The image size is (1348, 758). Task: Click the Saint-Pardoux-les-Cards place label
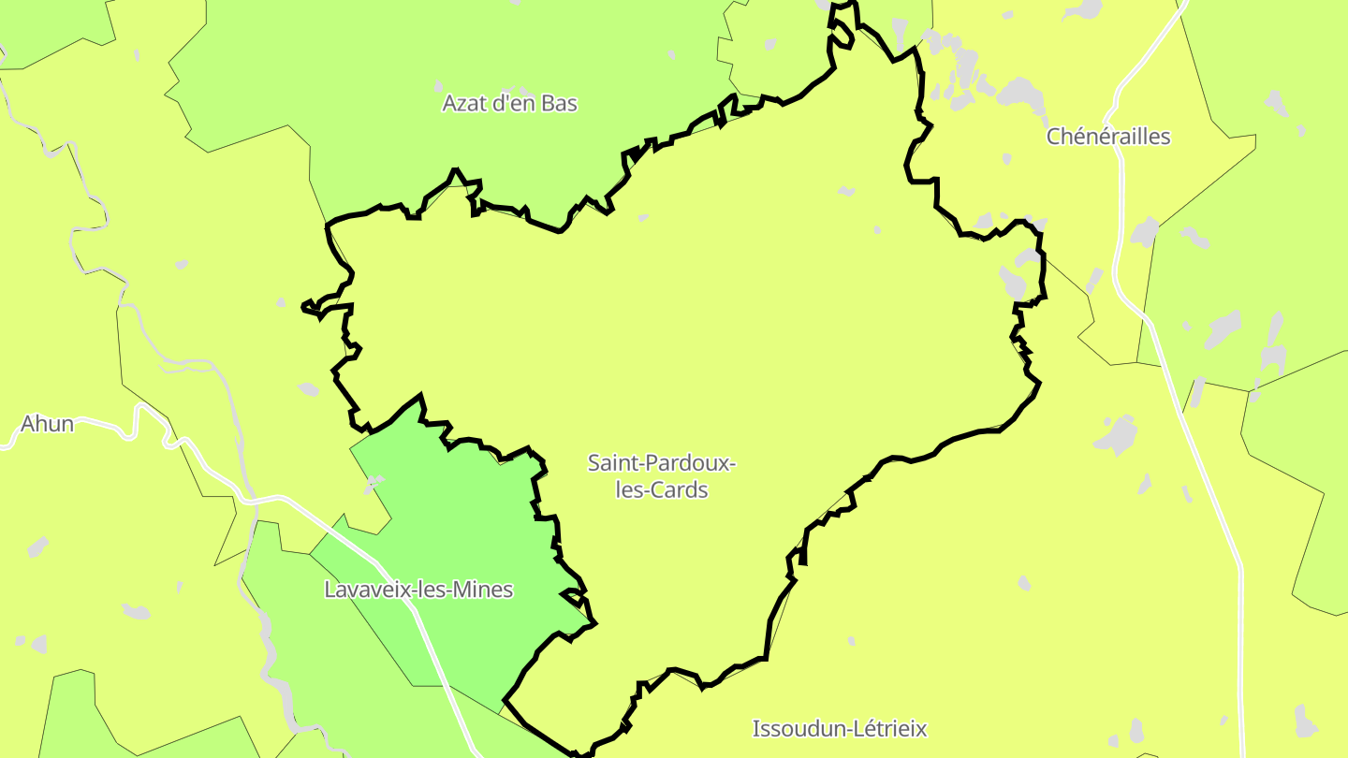(x=661, y=475)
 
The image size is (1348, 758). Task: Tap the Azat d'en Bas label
(x=510, y=103)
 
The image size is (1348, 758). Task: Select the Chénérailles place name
(x=1108, y=137)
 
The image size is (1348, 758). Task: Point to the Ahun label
(x=47, y=424)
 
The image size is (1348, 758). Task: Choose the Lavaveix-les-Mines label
(x=418, y=590)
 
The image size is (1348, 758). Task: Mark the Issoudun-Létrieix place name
(x=840, y=728)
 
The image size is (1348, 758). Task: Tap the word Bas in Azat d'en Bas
(x=560, y=103)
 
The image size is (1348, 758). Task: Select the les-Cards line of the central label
(x=661, y=489)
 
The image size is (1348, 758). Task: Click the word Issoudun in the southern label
(x=793, y=728)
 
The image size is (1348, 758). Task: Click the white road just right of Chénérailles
(x=1121, y=159)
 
